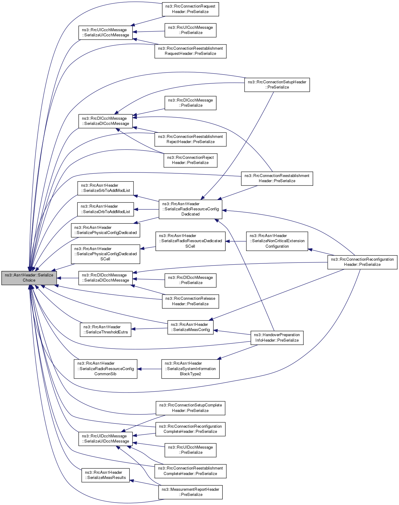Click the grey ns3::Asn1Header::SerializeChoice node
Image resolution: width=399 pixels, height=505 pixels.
pos(29,278)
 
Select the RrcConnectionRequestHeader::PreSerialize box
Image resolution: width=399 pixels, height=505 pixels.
pos(190,9)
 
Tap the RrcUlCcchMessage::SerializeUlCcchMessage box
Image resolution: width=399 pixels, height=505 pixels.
pos(106,32)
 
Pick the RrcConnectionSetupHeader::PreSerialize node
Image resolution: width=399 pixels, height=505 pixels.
pos(277,85)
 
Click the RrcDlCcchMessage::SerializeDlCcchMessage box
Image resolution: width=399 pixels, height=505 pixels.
pos(106,121)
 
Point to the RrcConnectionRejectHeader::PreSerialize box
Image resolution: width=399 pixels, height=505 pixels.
pos(190,160)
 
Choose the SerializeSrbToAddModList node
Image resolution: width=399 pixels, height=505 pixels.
pos(105,188)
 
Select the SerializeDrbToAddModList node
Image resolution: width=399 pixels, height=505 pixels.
pos(105,209)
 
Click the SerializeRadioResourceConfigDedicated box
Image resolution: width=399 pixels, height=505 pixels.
pos(190,209)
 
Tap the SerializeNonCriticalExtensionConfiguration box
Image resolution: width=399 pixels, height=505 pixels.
pos(277,241)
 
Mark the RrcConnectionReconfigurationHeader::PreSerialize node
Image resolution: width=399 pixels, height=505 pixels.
pos(362,262)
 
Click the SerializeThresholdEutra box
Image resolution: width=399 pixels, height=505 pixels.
pos(105,329)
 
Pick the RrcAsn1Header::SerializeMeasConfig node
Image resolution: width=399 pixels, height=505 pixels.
pos(190,327)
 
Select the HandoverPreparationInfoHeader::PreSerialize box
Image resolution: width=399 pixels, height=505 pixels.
pos(277,337)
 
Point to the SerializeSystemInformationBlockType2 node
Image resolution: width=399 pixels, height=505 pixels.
pos(190,369)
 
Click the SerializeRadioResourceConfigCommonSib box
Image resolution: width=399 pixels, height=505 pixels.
pos(105,369)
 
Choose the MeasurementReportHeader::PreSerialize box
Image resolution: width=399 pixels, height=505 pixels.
pos(190,492)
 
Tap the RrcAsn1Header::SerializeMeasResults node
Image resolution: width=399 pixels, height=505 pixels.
pos(105,475)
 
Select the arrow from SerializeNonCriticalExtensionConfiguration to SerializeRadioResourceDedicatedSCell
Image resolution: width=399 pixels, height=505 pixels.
pos(236,241)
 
